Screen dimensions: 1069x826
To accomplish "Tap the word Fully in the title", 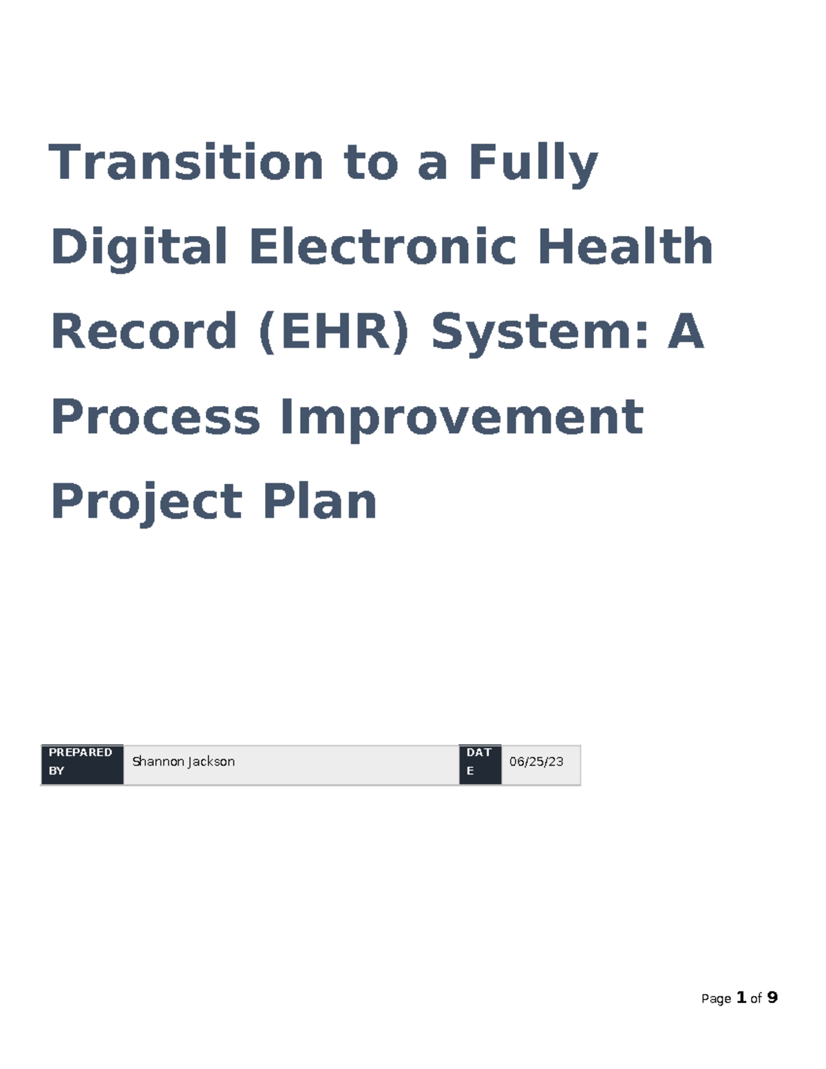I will (533, 164).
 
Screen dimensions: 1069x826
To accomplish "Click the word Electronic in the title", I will (383, 246).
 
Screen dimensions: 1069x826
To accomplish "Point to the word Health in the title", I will (624, 246).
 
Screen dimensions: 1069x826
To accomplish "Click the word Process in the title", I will (156, 417).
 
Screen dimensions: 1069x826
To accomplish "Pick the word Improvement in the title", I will (461, 417).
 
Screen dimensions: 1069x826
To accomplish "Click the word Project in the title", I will (147, 502).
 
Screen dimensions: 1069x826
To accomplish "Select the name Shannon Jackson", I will (183, 761).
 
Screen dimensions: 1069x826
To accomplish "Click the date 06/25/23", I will (536, 761).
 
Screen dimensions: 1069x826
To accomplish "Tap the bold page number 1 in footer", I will (741, 997).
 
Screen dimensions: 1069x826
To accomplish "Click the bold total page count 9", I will (772, 997).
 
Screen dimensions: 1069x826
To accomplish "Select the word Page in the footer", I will (716, 999).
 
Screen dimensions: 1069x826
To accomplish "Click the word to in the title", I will (371, 164).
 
